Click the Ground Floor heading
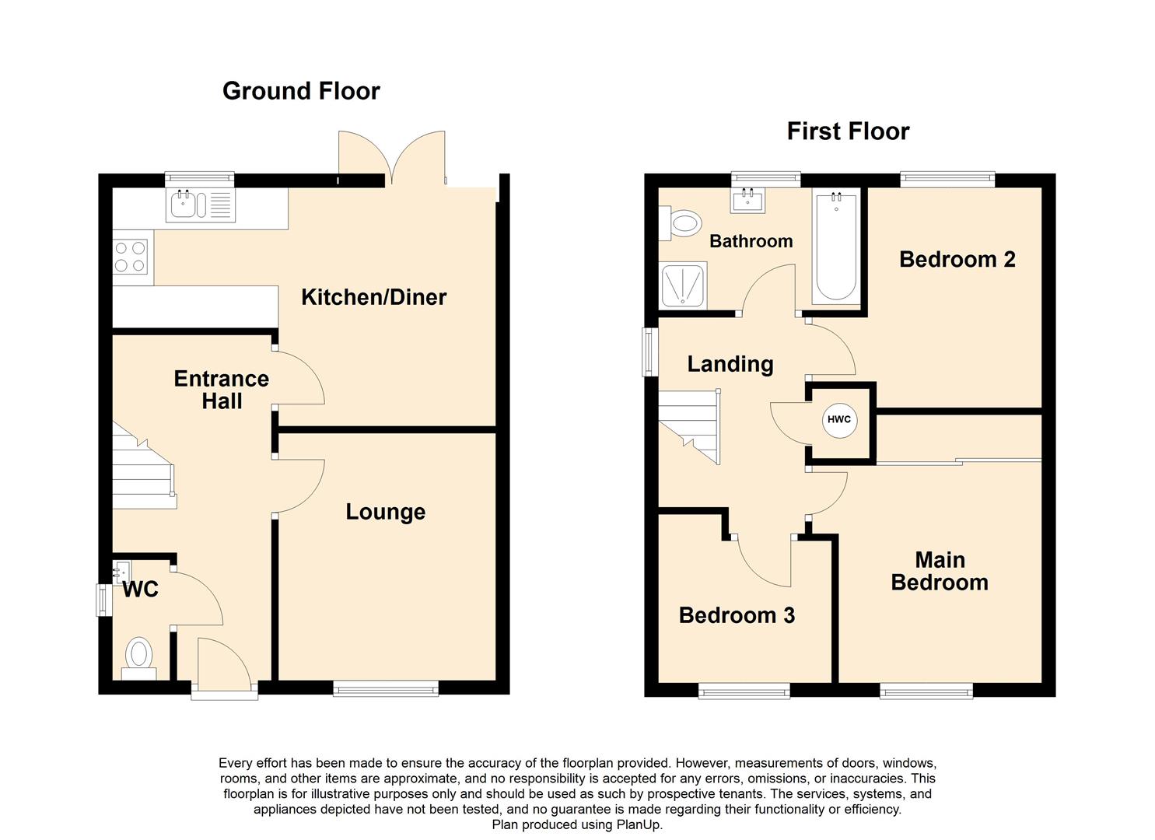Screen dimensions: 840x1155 pyautogui.click(x=301, y=91)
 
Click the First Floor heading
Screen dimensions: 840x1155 pyautogui.click(x=848, y=131)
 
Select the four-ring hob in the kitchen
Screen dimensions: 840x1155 pyautogui.click(x=131, y=257)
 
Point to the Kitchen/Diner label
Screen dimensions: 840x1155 pyautogui.click(x=373, y=297)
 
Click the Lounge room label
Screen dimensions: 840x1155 pyautogui.click(x=385, y=512)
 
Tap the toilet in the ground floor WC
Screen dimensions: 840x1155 pyautogui.click(x=139, y=657)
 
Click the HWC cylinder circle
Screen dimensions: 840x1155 pyautogui.click(x=838, y=420)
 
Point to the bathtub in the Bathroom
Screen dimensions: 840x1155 pyautogui.click(x=836, y=246)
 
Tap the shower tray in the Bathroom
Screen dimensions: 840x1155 pyautogui.click(x=683, y=284)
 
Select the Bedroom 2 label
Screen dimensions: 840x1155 pyautogui.click(x=957, y=259)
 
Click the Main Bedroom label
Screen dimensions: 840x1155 pyautogui.click(x=939, y=571)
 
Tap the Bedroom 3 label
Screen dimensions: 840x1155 pyautogui.click(x=737, y=615)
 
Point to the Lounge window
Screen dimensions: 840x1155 pyautogui.click(x=386, y=688)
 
